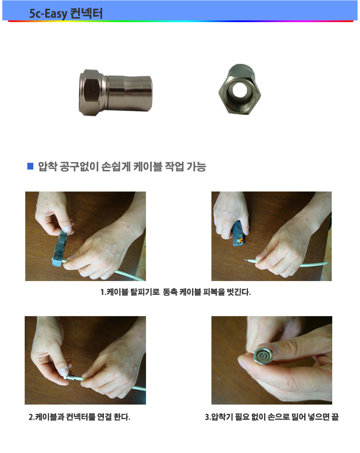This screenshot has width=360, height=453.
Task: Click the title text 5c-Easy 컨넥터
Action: click(66, 13)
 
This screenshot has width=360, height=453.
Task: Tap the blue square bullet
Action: click(30, 166)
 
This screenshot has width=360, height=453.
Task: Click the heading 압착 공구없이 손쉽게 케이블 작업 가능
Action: click(122, 166)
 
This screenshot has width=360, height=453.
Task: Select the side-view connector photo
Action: click(116, 93)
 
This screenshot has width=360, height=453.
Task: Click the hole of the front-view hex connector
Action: click(239, 90)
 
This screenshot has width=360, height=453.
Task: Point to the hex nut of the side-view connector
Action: click(92, 93)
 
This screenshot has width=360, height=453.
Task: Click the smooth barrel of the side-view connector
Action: click(130, 93)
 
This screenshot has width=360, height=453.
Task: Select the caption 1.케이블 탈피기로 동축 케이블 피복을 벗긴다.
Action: click(175, 292)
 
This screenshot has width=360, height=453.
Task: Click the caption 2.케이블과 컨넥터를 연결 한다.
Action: click(79, 417)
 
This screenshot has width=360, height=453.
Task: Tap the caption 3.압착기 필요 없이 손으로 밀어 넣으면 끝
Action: click(272, 417)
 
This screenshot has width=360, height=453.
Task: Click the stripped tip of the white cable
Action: click(248, 260)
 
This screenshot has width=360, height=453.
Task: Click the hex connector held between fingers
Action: click(263, 355)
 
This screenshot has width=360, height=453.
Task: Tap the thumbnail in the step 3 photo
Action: click(276, 349)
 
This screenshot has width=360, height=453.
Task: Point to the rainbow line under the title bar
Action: click(181, 21)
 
